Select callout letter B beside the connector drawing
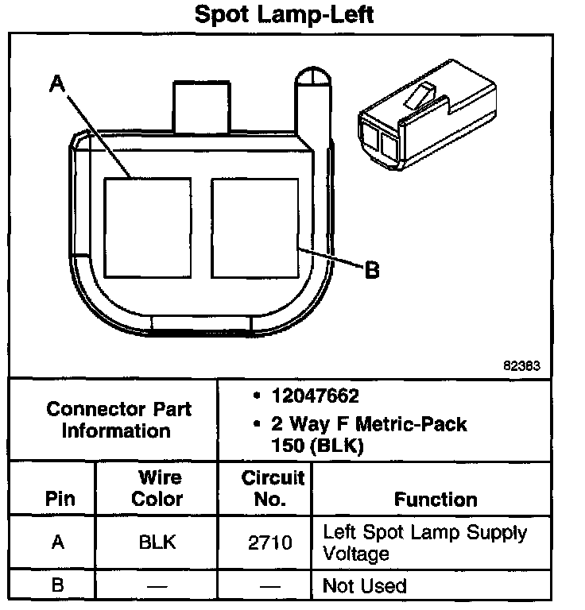coord(371,270)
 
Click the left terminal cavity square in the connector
coord(147,227)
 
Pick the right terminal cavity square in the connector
coord(254,227)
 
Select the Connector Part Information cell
coord(118,420)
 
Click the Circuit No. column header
coord(273,488)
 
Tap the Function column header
coord(436,500)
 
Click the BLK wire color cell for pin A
coord(157,543)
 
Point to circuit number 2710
coord(271,543)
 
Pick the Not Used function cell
coord(365,586)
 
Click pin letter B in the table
coord(56,586)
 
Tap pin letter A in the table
coord(56,543)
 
